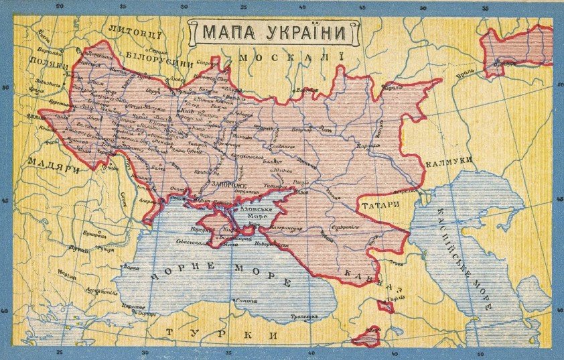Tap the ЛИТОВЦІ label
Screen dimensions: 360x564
point(134,29)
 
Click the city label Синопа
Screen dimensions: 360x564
point(246,301)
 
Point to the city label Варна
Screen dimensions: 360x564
point(131,267)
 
